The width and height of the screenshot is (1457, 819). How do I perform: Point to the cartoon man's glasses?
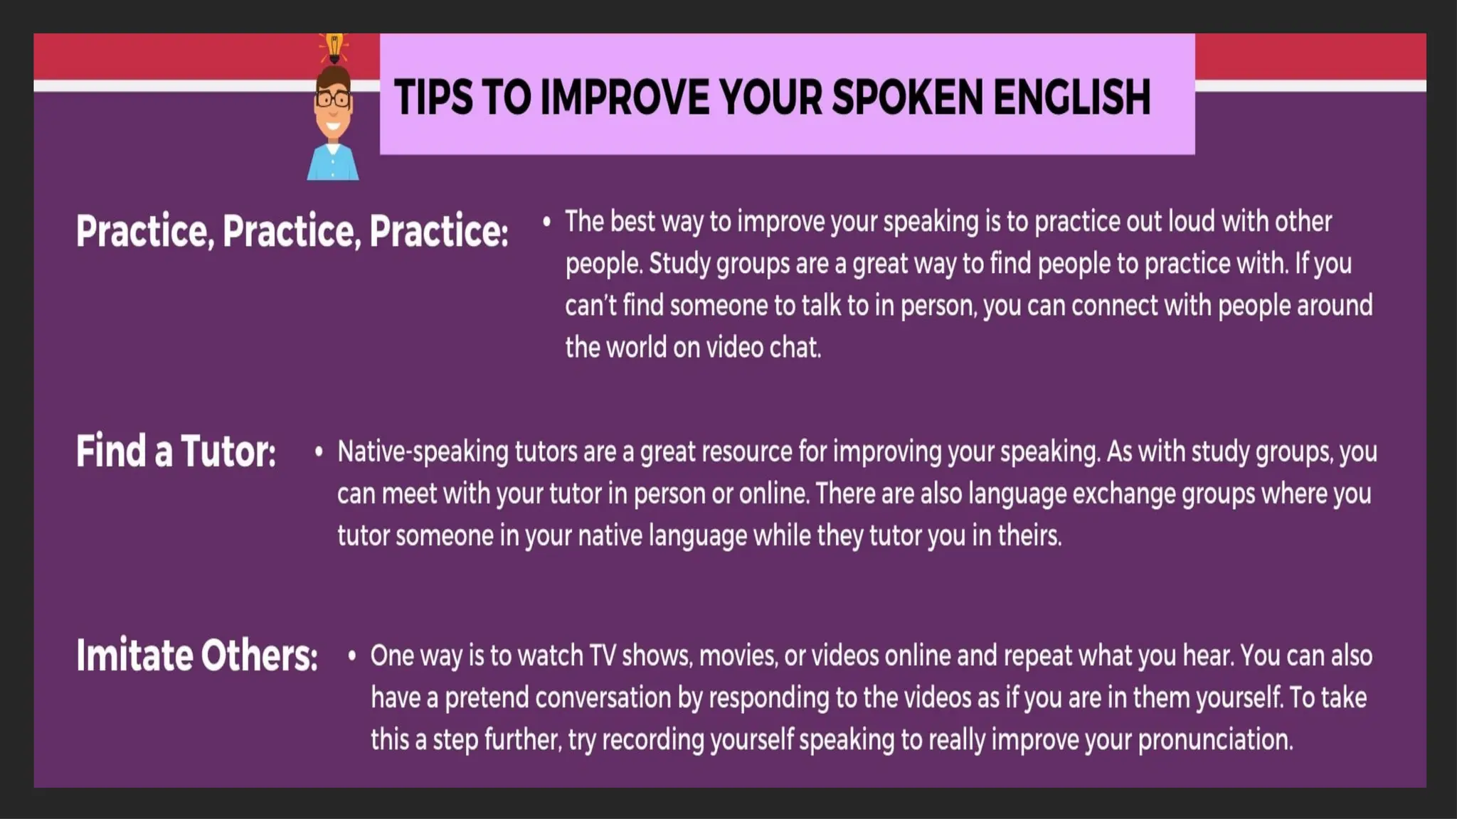[x=332, y=99]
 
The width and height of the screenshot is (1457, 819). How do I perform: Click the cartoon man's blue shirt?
[x=332, y=164]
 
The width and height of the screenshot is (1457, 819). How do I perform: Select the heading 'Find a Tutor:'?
[x=176, y=451]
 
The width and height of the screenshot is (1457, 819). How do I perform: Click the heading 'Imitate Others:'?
[x=197, y=655]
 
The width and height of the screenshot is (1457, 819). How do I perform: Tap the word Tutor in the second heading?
[x=228, y=451]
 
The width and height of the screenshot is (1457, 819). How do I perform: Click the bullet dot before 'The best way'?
[x=546, y=223]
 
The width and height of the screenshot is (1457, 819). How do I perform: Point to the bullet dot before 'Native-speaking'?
[x=319, y=452]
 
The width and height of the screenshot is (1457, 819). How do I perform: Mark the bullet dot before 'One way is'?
[x=351, y=656]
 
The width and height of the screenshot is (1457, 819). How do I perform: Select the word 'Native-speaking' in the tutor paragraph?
[x=423, y=452]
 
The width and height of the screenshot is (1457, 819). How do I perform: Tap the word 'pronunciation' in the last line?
[x=1215, y=740]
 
